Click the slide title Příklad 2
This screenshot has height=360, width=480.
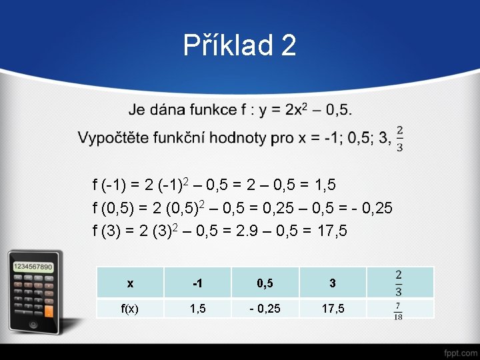(239, 46)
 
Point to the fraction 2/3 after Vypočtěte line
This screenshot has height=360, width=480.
(399, 139)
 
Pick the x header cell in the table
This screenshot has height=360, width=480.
(130, 283)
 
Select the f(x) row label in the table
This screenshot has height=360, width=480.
(130, 309)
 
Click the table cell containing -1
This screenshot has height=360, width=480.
(197, 283)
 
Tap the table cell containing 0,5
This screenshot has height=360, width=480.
(265, 283)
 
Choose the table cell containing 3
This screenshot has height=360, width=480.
(332, 283)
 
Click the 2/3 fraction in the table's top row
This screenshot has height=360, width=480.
(398, 283)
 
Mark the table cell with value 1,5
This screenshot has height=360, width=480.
(197, 309)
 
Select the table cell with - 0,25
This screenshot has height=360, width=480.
(265, 309)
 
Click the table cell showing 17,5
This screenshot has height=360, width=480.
(332, 309)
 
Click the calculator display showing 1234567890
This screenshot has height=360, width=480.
(33, 267)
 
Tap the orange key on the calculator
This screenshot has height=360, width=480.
(48, 310)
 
